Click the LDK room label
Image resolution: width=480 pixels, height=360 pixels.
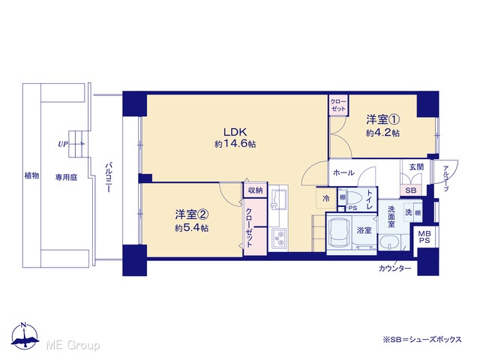click(235, 132)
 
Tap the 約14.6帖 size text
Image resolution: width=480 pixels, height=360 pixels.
click(235, 144)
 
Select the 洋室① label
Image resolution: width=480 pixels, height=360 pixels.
click(383, 119)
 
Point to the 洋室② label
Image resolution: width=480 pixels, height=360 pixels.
click(192, 214)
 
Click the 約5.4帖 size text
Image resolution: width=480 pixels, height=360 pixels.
click(192, 228)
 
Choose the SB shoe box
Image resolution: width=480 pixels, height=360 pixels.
click(411, 190)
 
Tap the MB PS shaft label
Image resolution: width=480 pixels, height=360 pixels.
click(424, 237)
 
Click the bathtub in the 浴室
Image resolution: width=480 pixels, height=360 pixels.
click(340, 233)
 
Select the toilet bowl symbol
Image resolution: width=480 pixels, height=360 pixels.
click(355, 197)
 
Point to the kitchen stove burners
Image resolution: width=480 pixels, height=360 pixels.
click(279, 238)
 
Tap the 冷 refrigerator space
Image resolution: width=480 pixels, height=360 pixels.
click(326, 198)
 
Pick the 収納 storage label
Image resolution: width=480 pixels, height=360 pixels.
click(255, 190)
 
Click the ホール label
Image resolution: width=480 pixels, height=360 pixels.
click(343, 172)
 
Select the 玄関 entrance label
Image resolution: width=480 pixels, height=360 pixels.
click(417, 166)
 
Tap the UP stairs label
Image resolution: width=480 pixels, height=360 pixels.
click(63, 144)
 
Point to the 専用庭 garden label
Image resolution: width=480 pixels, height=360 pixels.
click(66, 177)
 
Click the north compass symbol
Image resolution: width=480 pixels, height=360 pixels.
click(25, 335)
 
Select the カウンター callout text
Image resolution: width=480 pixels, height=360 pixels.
click(395, 268)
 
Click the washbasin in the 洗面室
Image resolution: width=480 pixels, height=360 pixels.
click(390, 243)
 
